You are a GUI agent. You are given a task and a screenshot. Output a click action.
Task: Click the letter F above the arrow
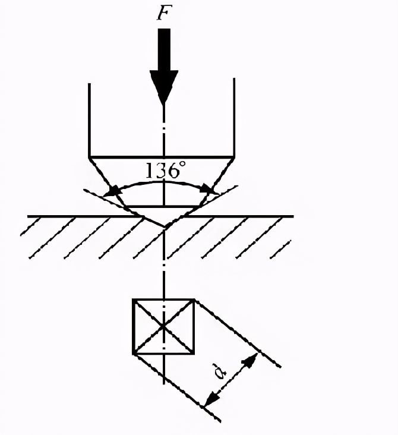[x=164, y=12]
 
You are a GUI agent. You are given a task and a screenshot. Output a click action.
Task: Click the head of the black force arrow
[x=164, y=87]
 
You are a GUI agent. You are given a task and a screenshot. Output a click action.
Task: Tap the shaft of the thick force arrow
[x=164, y=50]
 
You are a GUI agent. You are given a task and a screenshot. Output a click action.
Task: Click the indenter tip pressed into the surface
[x=165, y=228]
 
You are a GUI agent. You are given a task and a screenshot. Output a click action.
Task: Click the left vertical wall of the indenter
[x=89, y=120]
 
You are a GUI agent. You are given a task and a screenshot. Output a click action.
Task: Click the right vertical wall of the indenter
[x=235, y=118]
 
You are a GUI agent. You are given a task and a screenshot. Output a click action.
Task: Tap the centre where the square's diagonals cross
[x=164, y=326]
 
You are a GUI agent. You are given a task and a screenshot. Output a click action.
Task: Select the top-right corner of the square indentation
[x=194, y=300]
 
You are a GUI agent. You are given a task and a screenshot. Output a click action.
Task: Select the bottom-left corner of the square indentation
[x=134, y=354]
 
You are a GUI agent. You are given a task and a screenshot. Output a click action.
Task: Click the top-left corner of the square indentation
[x=134, y=300]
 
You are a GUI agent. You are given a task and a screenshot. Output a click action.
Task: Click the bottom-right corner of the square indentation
[x=194, y=354]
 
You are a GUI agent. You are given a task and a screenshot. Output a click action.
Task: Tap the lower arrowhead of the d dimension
[x=212, y=399]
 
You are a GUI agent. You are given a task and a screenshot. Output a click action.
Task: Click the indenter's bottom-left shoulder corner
[x=90, y=157]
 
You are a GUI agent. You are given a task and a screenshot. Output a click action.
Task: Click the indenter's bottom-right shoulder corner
[x=235, y=157]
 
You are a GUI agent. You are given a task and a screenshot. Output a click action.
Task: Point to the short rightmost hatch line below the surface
[x=280, y=249]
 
